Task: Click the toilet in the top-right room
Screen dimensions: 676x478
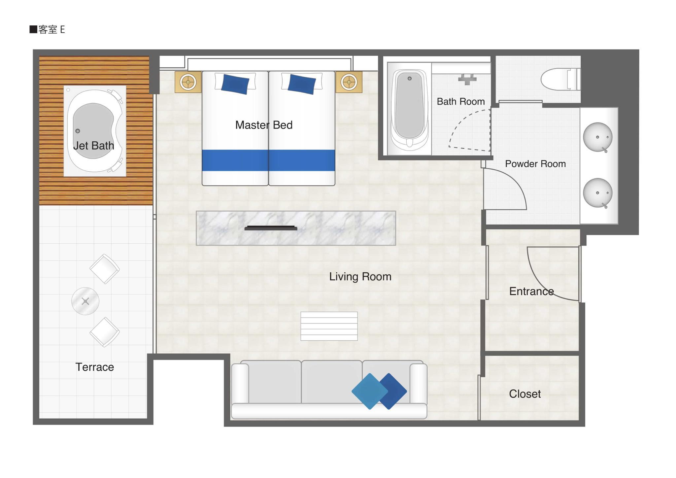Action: (560, 79)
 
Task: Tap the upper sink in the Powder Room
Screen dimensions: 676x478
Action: (597, 137)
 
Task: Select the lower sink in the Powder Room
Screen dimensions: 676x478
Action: (597, 193)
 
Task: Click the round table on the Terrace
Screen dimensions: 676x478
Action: (85, 301)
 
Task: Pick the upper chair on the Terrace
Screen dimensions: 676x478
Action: (105, 269)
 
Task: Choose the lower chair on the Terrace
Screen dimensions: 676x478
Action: (105, 332)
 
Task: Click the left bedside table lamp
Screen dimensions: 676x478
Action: (188, 82)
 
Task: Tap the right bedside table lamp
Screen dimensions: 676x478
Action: (349, 82)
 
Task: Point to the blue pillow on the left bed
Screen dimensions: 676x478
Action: (235, 84)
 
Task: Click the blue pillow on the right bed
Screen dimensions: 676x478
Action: (302, 84)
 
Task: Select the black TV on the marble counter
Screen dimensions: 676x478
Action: (271, 228)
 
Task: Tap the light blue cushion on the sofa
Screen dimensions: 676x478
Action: (369, 391)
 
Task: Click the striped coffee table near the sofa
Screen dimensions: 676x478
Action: (329, 326)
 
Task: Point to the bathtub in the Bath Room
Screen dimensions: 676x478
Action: (410, 109)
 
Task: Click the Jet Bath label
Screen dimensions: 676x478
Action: (93, 146)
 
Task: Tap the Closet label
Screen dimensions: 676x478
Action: (525, 394)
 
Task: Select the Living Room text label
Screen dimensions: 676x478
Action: (360, 277)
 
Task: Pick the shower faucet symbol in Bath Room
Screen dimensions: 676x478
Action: (467, 80)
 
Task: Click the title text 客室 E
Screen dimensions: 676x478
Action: (51, 30)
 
